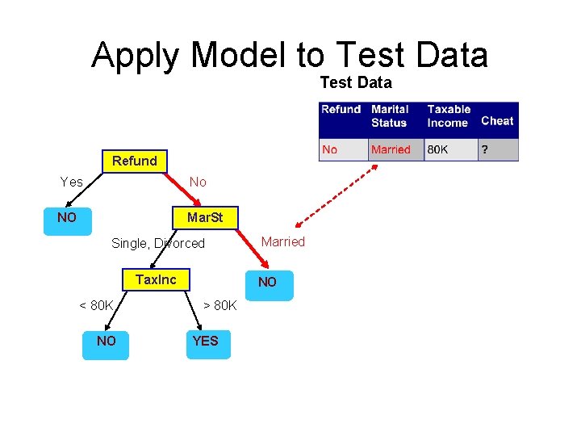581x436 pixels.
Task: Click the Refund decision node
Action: (135, 161)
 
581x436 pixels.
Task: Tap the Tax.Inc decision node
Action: (156, 279)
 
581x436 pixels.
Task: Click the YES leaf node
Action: (206, 342)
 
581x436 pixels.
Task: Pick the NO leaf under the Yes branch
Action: (67, 218)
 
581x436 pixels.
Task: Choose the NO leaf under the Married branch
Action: (267, 283)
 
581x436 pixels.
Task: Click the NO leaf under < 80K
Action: (106, 342)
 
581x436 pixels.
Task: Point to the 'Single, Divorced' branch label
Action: (158, 243)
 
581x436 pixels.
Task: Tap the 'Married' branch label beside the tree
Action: (283, 241)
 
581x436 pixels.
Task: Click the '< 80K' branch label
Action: (96, 305)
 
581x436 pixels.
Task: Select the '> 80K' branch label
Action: (219, 305)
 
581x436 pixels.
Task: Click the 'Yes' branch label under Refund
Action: (72, 182)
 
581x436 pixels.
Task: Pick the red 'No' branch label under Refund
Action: (198, 182)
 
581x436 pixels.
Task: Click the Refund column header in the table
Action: (341, 110)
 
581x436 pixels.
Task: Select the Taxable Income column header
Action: (449, 115)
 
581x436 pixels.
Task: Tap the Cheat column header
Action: (497, 121)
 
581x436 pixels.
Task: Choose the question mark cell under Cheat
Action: (484, 149)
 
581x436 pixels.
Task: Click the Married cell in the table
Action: (391, 149)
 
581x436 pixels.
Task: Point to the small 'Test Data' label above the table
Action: (356, 82)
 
